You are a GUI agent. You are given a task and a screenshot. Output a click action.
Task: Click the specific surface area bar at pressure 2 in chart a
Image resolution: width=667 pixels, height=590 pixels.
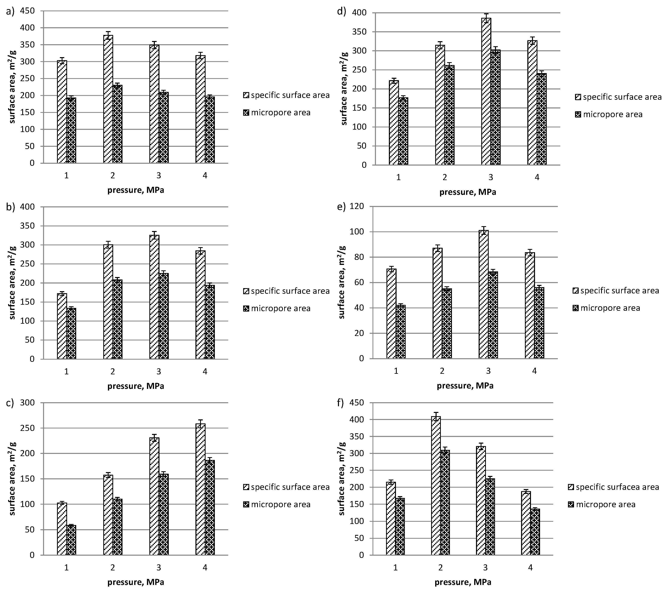tap(108, 99)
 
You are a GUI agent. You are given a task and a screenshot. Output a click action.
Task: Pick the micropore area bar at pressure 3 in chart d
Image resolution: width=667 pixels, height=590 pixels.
tap(495, 108)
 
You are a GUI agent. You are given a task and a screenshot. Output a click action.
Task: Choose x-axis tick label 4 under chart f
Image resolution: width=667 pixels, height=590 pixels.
tap(530, 568)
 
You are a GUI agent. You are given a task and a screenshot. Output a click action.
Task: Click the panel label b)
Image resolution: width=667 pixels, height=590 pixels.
tap(11, 207)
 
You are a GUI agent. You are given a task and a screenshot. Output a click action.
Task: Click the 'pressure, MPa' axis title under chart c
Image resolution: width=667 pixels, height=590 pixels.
tap(136, 582)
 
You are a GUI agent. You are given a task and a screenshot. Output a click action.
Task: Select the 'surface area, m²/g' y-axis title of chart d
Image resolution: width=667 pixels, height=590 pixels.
tap(344, 88)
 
